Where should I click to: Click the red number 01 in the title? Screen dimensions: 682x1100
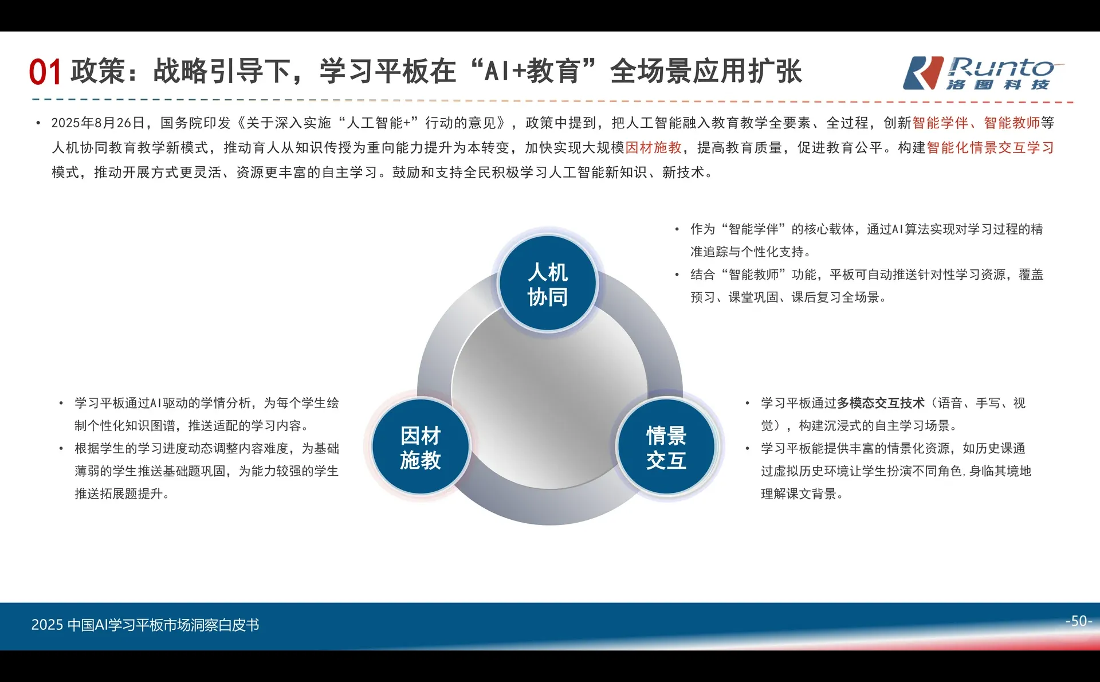pyautogui.click(x=45, y=73)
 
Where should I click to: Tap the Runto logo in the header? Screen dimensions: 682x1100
pyautogui.click(x=983, y=73)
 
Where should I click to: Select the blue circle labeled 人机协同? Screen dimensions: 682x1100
pyautogui.click(x=548, y=284)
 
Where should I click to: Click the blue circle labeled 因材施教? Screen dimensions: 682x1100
pyautogui.click(x=421, y=448)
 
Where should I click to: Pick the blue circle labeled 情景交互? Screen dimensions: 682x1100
pyautogui.click(x=666, y=448)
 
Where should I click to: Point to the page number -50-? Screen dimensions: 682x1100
pyautogui.click(x=1078, y=621)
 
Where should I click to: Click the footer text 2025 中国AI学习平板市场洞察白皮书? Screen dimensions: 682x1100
pyautogui.click(x=145, y=625)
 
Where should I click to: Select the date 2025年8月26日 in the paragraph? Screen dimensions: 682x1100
pyautogui.click(x=98, y=123)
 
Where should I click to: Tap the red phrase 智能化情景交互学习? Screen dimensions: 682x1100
pyautogui.click(x=990, y=148)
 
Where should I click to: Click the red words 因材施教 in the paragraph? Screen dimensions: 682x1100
pyautogui.click(x=653, y=148)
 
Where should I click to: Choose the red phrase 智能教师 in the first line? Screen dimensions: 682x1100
pyautogui.click(x=1012, y=123)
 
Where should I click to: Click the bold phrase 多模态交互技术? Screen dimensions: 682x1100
pyautogui.click(x=881, y=403)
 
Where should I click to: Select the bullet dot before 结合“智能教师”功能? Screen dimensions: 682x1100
pyautogui.click(x=677, y=275)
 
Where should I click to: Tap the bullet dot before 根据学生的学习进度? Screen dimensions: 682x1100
pyautogui.click(x=61, y=449)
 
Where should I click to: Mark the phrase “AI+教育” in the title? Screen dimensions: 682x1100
pyautogui.click(x=533, y=72)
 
